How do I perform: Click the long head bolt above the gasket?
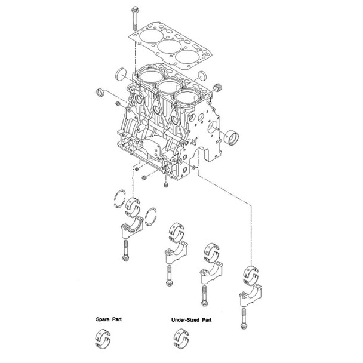[132, 17]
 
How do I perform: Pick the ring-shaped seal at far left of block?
[101, 94]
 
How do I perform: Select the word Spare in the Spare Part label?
[104, 320]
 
